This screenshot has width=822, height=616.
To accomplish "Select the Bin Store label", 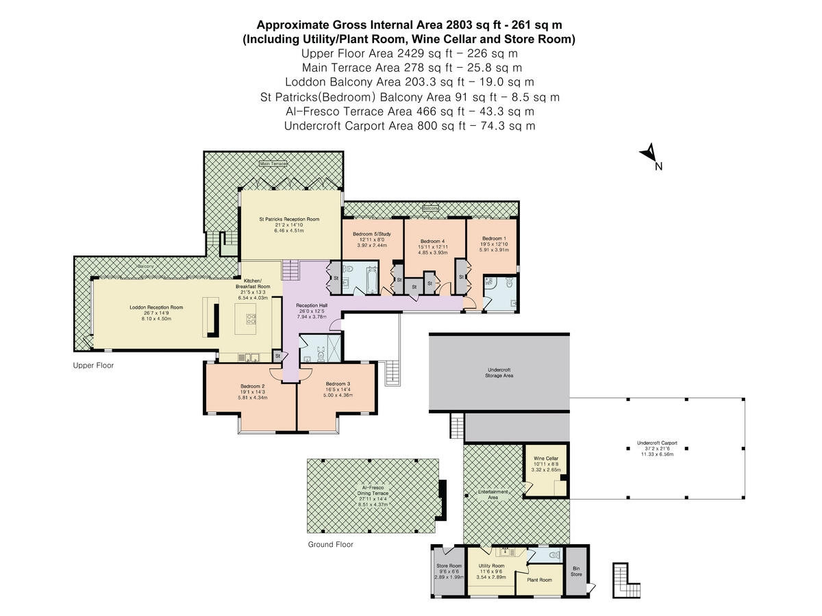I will point(577,571).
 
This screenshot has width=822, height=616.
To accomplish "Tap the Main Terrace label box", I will point(273,164).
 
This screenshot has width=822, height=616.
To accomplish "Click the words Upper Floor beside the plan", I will point(93,365).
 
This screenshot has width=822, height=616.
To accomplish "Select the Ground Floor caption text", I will point(330,545).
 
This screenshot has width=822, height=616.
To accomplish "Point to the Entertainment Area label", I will point(493,494).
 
